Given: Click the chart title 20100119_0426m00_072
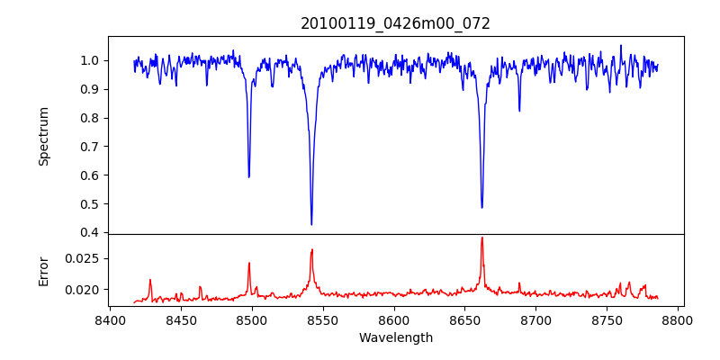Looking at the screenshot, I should pyautogui.click(x=395, y=23).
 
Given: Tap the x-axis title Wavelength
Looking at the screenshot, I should pyautogui.click(x=395, y=338).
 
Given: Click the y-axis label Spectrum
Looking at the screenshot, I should pyautogui.click(x=43, y=136).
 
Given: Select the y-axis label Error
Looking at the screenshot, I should pyautogui.click(x=43, y=270).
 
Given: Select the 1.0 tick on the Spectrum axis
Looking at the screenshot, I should pyautogui.click(x=91, y=61).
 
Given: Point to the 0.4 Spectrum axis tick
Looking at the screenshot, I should pyautogui.click(x=91, y=233).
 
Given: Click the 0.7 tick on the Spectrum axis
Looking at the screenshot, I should pyautogui.click(x=91, y=147).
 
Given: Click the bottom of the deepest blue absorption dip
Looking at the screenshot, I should pyautogui.click(x=311, y=224).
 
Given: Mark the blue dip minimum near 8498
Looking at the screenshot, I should pyautogui.click(x=249, y=176).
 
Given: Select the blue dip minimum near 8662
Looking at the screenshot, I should pyautogui.click(x=481, y=207).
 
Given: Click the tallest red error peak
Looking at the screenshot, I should pyautogui.click(x=482, y=238).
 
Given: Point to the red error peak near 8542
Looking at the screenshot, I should pyautogui.click(x=311, y=250).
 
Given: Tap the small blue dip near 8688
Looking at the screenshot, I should pyautogui.click(x=519, y=111).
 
